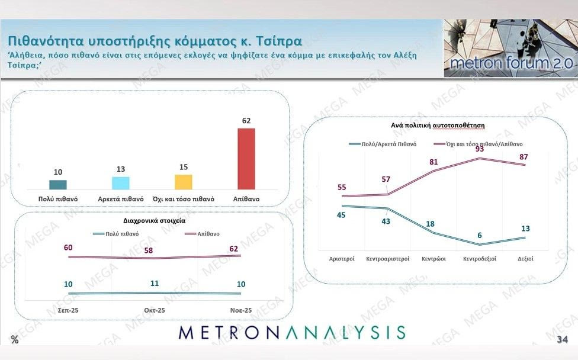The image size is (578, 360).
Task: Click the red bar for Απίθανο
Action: [x=246, y=159]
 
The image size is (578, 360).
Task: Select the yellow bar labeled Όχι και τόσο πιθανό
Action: [x=184, y=182]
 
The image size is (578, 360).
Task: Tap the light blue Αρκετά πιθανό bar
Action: [x=120, y=183]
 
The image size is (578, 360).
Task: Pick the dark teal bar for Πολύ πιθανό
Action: [x=58, y=185]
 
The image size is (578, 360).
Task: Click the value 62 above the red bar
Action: [x=246, y=121]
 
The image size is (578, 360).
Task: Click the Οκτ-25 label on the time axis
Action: [x=155, y=310]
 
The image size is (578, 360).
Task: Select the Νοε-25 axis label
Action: [x=240, y=310]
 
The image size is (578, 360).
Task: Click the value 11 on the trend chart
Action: [x=155, y=283]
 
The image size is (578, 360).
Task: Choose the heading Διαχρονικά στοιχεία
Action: [x=154, y=220]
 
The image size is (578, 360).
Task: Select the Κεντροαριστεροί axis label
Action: [x=388, y=259]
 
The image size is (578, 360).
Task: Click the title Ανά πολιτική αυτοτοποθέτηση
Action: [x=434, y=126]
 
